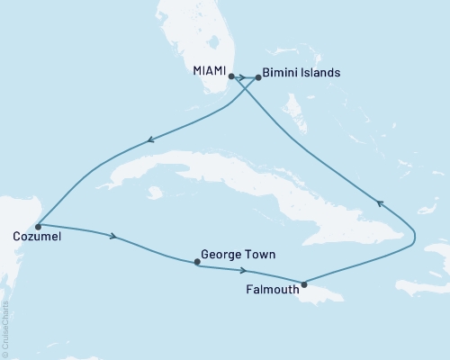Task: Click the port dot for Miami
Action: click(x=231, y=76)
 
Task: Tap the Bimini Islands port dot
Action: click(x=258, y=77)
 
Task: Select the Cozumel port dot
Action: click(x=37, y=226)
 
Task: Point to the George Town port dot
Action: click(x=197, y=263)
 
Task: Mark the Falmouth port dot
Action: click(x=304, y=284)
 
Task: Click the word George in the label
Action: click(x=221, y=255)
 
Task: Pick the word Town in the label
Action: click(x=259, y=255)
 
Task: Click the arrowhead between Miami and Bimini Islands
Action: click(x=245, y=77)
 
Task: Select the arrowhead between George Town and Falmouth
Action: click(x=243, y=269)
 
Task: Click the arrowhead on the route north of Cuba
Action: click(x=150, y=139)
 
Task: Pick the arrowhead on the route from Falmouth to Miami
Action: click(x=380, y=203)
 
